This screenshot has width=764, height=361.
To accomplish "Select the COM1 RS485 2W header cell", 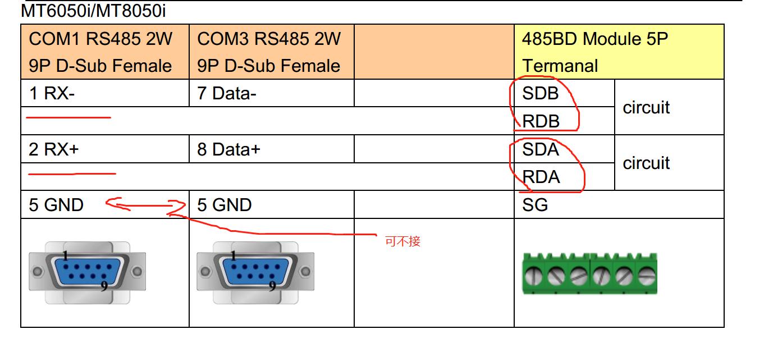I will [105, 52].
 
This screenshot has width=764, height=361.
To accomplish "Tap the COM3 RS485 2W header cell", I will [271, 52].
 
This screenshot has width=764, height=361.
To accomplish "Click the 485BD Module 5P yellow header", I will [619, 52].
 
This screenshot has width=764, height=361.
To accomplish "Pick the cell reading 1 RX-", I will [52, 93].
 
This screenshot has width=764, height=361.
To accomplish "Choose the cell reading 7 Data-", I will [227, 93].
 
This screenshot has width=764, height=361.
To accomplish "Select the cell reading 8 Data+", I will [229, 149].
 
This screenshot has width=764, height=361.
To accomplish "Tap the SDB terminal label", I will [540, 93].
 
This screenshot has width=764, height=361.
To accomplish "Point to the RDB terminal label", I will [541, 121].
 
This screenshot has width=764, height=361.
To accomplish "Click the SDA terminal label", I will [540, 149].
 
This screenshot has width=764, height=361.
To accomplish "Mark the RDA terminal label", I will [541, 177].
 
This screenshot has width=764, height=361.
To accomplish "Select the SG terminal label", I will [534, 205].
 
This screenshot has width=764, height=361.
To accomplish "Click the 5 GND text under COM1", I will [56, 205].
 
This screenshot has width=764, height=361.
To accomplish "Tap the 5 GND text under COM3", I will [225, 205].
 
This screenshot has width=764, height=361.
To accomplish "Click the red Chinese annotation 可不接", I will [402, 241].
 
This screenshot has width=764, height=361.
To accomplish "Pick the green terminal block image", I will [589, 274].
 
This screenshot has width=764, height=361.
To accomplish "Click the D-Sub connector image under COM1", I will [88, 272].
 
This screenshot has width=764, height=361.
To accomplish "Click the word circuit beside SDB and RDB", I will [646, 107].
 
